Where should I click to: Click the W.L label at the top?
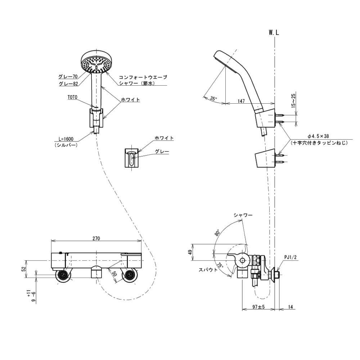click(x=274, y=32)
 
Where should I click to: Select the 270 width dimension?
click(x=96, y=238)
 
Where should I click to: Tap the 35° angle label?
click(x=213, y=98)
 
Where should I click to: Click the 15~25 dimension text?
click(x=293, y=101)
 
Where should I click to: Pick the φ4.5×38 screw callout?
click(x=319, y=136)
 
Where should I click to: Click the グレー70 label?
click(x=68, y=77)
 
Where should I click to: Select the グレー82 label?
click(x=68, y=84)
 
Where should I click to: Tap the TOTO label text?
click(x=72, y=97)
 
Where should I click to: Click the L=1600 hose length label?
click(x=66, y=139)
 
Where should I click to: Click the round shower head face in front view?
click(x=96, y=63)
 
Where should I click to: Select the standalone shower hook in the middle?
click(x=132, y=158)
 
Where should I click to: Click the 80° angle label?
click(x=217, y=233)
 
